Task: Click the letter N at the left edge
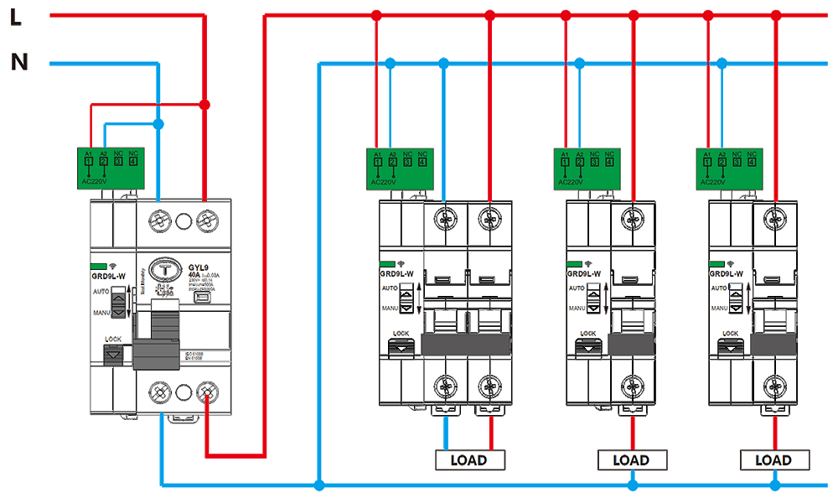(x=19, y=61)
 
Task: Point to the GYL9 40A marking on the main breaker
(x=199, y=272)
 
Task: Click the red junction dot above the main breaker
(x=204, y=105)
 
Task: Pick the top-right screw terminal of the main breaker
(x=205, y=221)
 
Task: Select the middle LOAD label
(x=630, y=460)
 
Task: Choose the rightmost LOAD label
(x=773, y=460)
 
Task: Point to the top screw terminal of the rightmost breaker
(x=773, y=220)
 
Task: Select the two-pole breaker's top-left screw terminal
(x=443, y=220)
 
